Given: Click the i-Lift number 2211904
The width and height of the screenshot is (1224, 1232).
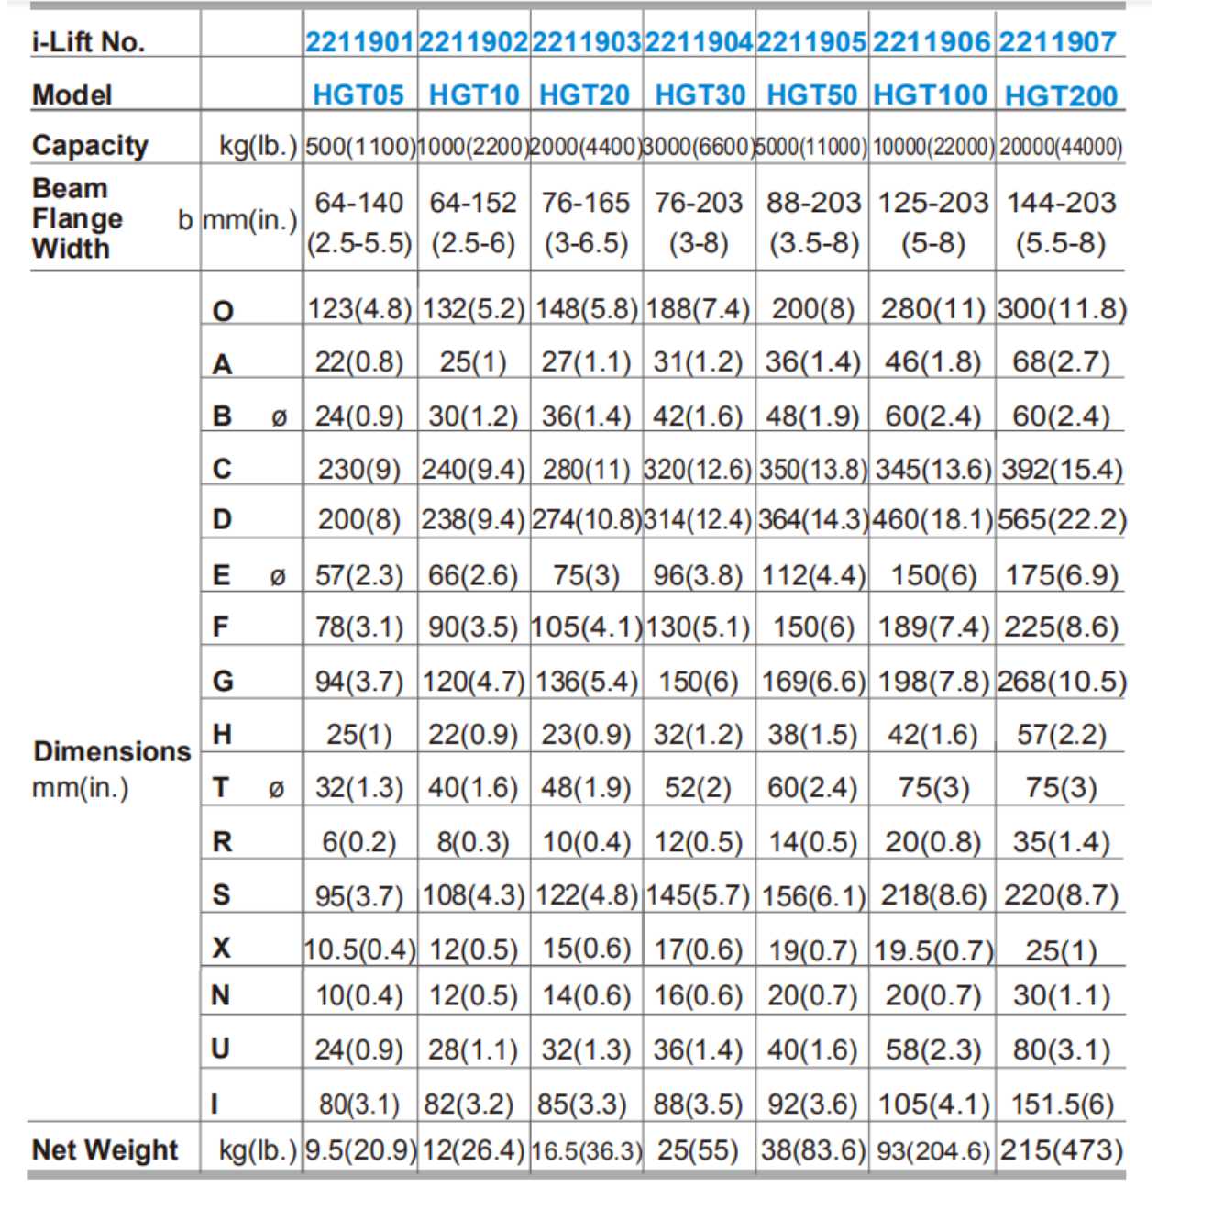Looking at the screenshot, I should coord(700,42).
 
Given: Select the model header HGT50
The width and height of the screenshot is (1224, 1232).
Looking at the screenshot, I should coord(811,95).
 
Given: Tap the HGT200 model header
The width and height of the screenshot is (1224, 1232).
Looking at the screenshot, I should coord(1061,96).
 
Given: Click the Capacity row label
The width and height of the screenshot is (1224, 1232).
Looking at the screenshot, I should coord(90,145).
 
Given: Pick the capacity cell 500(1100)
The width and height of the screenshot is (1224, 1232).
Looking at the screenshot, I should coord(359,147).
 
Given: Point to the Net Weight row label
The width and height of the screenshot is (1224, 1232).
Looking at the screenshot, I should coord(105,1149).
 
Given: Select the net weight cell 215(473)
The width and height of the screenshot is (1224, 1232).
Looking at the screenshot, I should coord(1061,1150).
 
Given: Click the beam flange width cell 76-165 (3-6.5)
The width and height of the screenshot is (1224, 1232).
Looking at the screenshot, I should coord(586,222).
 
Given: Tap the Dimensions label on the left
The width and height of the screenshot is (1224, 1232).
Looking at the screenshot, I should coord(112,752).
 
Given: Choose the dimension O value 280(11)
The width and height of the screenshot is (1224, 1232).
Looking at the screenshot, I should coord(932,309).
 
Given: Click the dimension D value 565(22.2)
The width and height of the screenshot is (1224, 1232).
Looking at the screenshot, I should coord(1062,520).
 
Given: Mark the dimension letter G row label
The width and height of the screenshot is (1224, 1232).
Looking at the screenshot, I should coord(223,681).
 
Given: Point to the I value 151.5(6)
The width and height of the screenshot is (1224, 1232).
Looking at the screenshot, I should coord(1062,1104).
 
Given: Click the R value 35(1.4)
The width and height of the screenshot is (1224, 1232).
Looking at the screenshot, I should coord(1061,842).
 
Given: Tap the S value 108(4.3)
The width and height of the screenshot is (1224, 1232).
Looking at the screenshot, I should coord(473,895).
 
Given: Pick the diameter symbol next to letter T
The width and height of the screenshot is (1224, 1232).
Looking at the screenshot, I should coord(276,788).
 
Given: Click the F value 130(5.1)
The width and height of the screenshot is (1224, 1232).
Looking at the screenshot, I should coord(699,627).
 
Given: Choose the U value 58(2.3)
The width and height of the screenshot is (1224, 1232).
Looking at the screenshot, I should coord(932,1049).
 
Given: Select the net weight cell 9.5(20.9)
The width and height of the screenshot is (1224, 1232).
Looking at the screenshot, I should coord(359,1150).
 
